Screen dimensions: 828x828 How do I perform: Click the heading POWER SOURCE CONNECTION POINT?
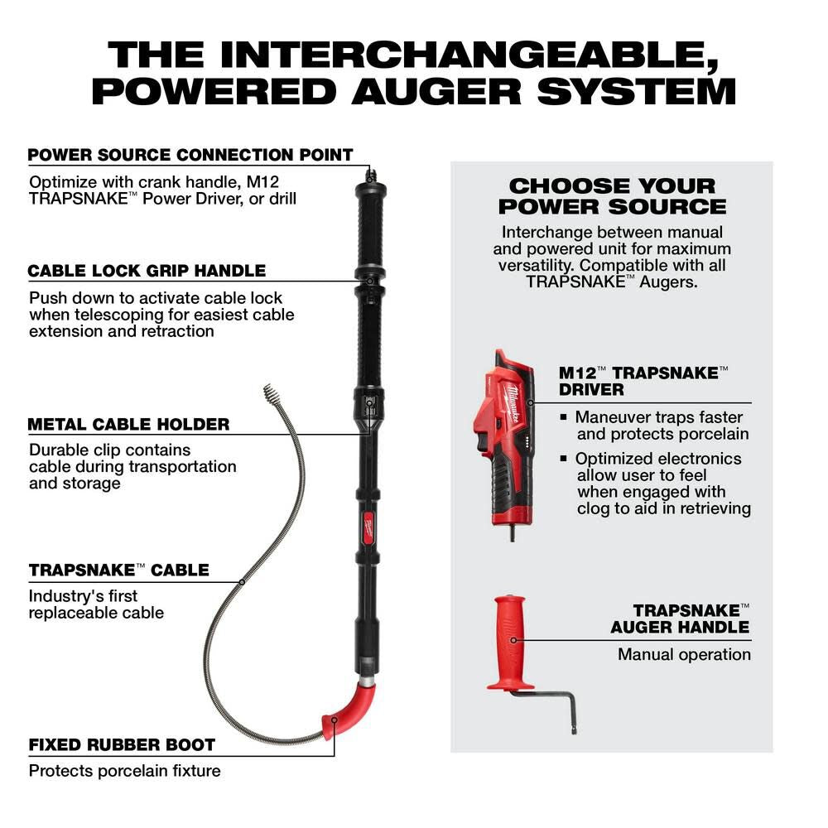tap(190, 155)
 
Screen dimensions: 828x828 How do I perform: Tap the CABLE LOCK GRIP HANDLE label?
tap(147, 271)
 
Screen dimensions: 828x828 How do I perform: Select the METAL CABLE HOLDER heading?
tap(128, 424)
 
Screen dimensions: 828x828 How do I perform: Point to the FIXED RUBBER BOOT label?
tap(122, 744)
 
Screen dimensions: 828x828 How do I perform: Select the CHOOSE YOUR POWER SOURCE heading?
tap(612, 196)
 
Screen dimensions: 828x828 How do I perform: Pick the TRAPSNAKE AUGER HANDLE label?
tap(680, 619)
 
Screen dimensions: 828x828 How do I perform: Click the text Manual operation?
tap(684, 654)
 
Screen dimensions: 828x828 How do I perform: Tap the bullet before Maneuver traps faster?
tap(564, 417)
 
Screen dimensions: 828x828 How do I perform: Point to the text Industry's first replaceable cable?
tap(96, 604)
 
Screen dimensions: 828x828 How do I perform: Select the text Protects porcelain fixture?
tap(124, 771)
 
